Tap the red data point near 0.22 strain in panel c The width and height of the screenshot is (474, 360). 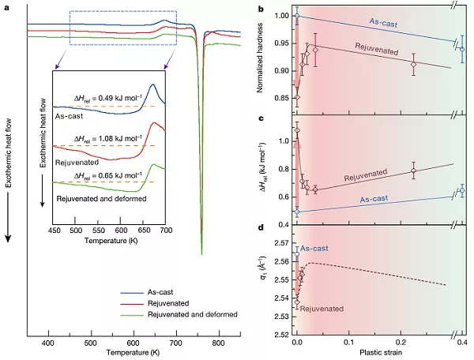pos(413,171)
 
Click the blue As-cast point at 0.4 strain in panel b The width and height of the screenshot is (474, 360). pos(462,49)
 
